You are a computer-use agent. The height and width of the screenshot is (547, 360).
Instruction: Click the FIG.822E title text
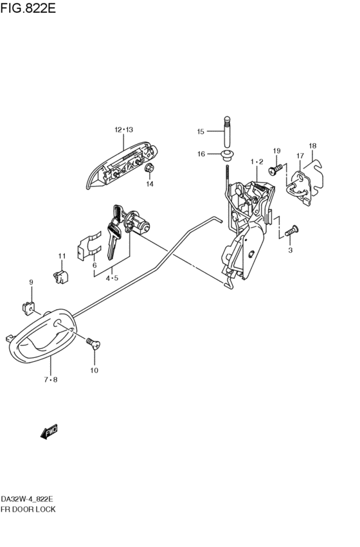28,8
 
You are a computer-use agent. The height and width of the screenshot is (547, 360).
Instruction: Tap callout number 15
200,132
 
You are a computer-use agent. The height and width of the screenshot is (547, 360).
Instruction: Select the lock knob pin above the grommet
227,132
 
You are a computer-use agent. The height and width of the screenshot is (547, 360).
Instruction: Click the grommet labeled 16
228,156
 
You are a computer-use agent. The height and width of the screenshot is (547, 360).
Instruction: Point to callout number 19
276,151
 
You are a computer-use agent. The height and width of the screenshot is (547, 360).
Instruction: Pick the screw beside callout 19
276,170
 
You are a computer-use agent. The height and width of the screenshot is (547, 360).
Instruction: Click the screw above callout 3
292,231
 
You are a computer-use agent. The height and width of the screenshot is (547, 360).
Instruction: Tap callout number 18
312,146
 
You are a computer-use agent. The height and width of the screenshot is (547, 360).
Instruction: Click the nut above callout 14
149,168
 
